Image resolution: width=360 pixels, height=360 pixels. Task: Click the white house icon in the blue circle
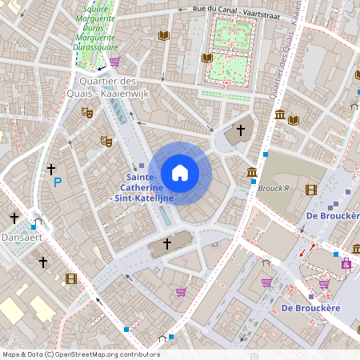180,173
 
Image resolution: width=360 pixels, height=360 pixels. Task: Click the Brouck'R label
274,189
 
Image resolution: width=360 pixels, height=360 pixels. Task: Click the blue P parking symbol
57,183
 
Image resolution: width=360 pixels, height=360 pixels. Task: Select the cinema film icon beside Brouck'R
310,190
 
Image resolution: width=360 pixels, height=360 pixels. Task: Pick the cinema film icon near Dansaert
71,278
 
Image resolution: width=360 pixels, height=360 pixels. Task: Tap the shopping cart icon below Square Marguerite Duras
114,61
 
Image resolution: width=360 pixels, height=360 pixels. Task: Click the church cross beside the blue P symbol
51,169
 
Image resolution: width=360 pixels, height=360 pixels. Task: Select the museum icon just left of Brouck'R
252,173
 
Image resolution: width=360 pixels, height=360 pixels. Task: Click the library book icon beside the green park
206,58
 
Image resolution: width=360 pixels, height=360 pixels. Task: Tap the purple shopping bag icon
346,263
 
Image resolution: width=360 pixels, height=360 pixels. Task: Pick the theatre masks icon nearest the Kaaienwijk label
87,112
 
